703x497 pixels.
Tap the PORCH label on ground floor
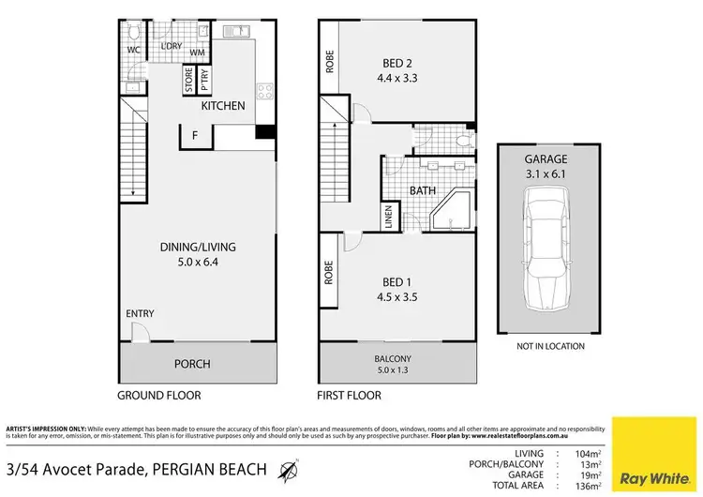[193, 364]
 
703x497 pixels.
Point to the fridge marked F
[194, 135]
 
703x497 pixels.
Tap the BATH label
[421, 190]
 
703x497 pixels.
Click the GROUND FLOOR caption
[159, 395]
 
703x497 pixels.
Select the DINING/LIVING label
[197, 247]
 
